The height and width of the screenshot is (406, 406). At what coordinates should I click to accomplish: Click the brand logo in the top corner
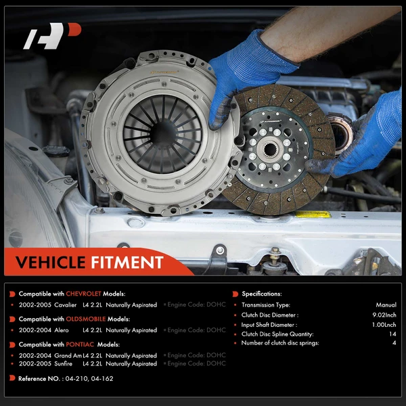tap(52, 36)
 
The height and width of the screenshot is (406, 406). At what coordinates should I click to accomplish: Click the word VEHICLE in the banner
tap(50, 263)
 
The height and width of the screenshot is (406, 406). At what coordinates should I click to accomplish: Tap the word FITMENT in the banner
tap(127, 263)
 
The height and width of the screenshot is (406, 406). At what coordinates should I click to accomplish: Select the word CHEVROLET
tap(83, 294)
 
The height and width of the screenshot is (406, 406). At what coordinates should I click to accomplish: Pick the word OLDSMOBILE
tap(86, 319)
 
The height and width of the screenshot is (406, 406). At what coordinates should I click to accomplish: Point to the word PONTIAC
tap(80, 344)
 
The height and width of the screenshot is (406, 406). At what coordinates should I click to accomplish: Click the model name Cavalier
tap(66, 305)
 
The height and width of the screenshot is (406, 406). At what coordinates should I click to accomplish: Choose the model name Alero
tap(62, 330)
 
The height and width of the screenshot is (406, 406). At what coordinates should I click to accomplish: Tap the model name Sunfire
tap(63, 363)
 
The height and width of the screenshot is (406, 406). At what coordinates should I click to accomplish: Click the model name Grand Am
tap(68, 355)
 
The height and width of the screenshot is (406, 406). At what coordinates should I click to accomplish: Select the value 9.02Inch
tap(384, 315)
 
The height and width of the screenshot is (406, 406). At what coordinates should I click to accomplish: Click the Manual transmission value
tap(386, 305)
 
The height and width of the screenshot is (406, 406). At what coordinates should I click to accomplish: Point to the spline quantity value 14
tap(392, 334)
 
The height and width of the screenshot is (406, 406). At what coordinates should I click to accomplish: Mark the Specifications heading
tap(261, 294)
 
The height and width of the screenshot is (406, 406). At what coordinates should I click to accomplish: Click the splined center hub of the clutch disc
tap(270, 149)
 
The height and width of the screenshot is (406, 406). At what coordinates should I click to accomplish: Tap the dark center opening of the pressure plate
tap(163, 133)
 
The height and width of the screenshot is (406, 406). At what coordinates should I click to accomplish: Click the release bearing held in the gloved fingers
tap(340, 133)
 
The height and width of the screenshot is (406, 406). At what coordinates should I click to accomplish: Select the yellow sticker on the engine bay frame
tap(313, 215)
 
